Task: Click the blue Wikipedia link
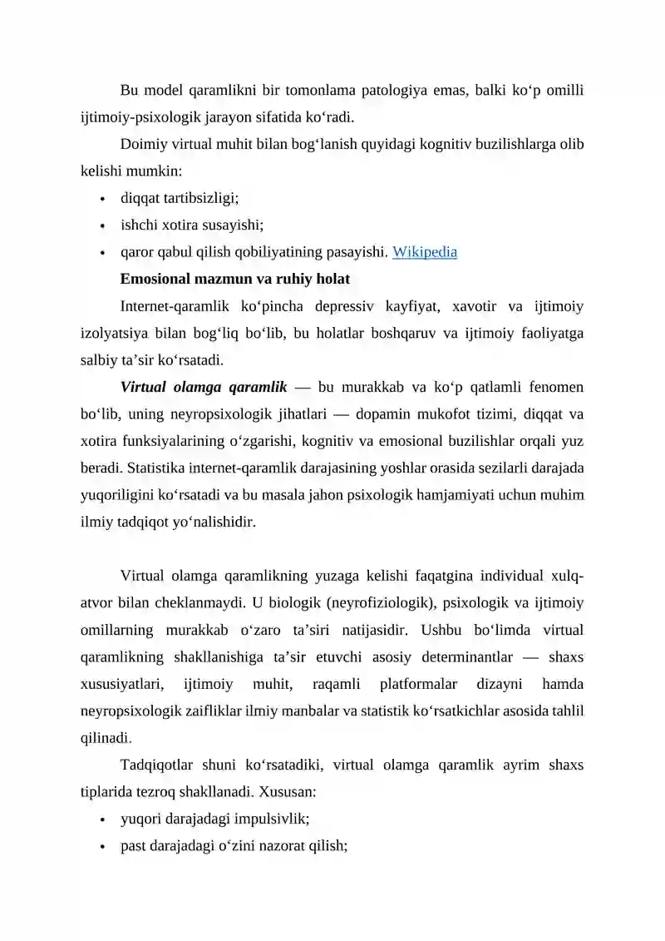pyautogui.click(x=424, y=251)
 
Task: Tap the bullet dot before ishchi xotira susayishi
pyautogui.click(x=101, y=225)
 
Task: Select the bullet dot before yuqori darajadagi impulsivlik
pyautogui.click(x=101, y=819)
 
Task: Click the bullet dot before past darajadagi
pyautogui.click(x=101, y=846)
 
